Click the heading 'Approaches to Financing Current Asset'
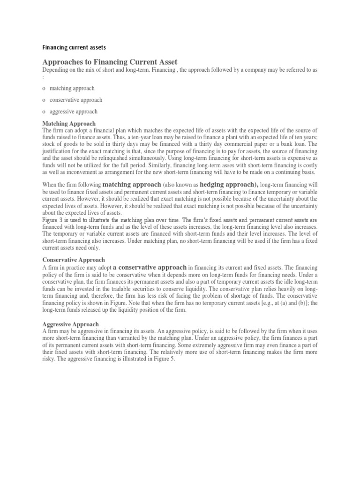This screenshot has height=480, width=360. pyautogui.click(x=110, y=62)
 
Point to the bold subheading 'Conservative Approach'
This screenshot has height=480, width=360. pyautogui.click(x=74, y=259)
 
